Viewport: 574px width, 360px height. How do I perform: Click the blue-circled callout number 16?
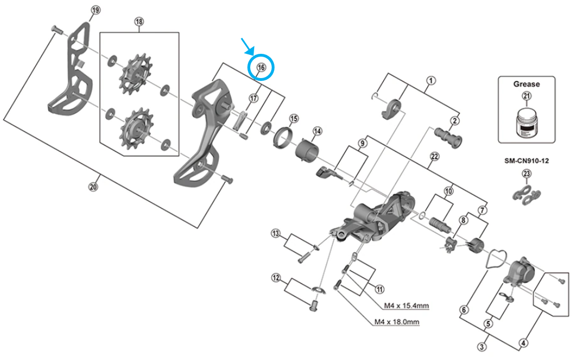click(x=261, y=67)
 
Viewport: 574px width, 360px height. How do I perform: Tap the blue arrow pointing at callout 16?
click(x=247, y=46)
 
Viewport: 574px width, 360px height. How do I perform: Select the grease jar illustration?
click(x=526, y=122)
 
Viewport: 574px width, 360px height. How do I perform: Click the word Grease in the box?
click(x=526, y=84)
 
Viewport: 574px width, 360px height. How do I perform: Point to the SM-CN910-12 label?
click(x=526, y=161)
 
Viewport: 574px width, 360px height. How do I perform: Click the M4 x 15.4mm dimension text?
click(x=406, y=306)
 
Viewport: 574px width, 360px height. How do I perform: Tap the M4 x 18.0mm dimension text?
click(x=397, y=322)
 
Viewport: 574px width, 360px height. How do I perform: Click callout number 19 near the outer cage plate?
click(x=96, y=10)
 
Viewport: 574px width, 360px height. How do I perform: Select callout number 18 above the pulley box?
click(x=139, y=22)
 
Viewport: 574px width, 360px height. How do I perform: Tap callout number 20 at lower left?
click(x=93, y=187)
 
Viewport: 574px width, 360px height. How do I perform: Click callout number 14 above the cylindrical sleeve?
click(x=317, y=131)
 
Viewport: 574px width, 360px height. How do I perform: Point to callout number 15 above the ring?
click(x=294, y=119)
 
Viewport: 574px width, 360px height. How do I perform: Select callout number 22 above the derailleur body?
click(x=434, y=156)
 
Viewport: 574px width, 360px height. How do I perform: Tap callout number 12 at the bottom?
click(x=276, y=278)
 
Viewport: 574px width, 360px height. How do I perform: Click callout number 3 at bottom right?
click(x=482, y=346)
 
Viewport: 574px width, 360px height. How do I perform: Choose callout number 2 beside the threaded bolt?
click(x=455, y=121)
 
